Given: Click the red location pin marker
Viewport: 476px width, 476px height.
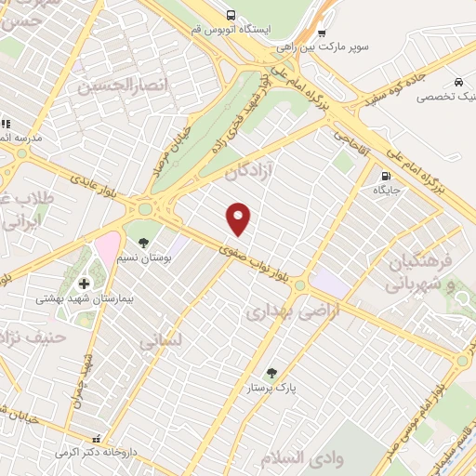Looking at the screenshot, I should point(240,218).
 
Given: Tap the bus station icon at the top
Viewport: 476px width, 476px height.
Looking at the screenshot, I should point(231,15).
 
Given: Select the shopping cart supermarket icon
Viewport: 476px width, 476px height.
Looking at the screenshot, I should point(322,32).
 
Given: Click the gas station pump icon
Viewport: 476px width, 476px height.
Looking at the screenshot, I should point(384,176).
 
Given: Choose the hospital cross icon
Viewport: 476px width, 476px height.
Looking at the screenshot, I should point(84,284).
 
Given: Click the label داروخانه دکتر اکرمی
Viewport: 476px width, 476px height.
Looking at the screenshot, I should point(90,453).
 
